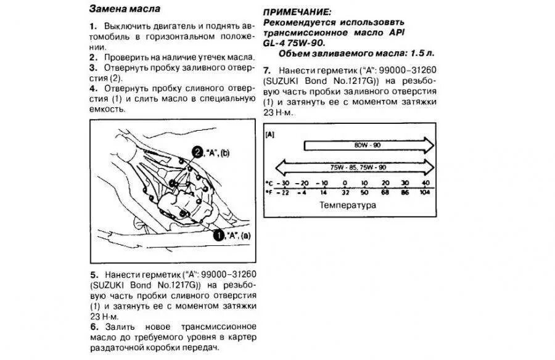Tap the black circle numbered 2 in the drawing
click(197, 152)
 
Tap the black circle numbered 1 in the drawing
click(218, 234)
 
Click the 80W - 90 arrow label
click(367, 145)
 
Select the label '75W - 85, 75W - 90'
click(358, 166)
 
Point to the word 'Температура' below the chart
click(347, 205)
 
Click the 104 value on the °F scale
click(425, 192)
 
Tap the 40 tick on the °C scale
click(425, 184)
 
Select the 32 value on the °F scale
click(344, 192)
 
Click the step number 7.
click(266, 70)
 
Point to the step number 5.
click(93, 274)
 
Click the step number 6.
click(93, 326)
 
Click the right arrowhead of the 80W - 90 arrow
click(428, 145)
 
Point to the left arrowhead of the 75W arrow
click(281, 166)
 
